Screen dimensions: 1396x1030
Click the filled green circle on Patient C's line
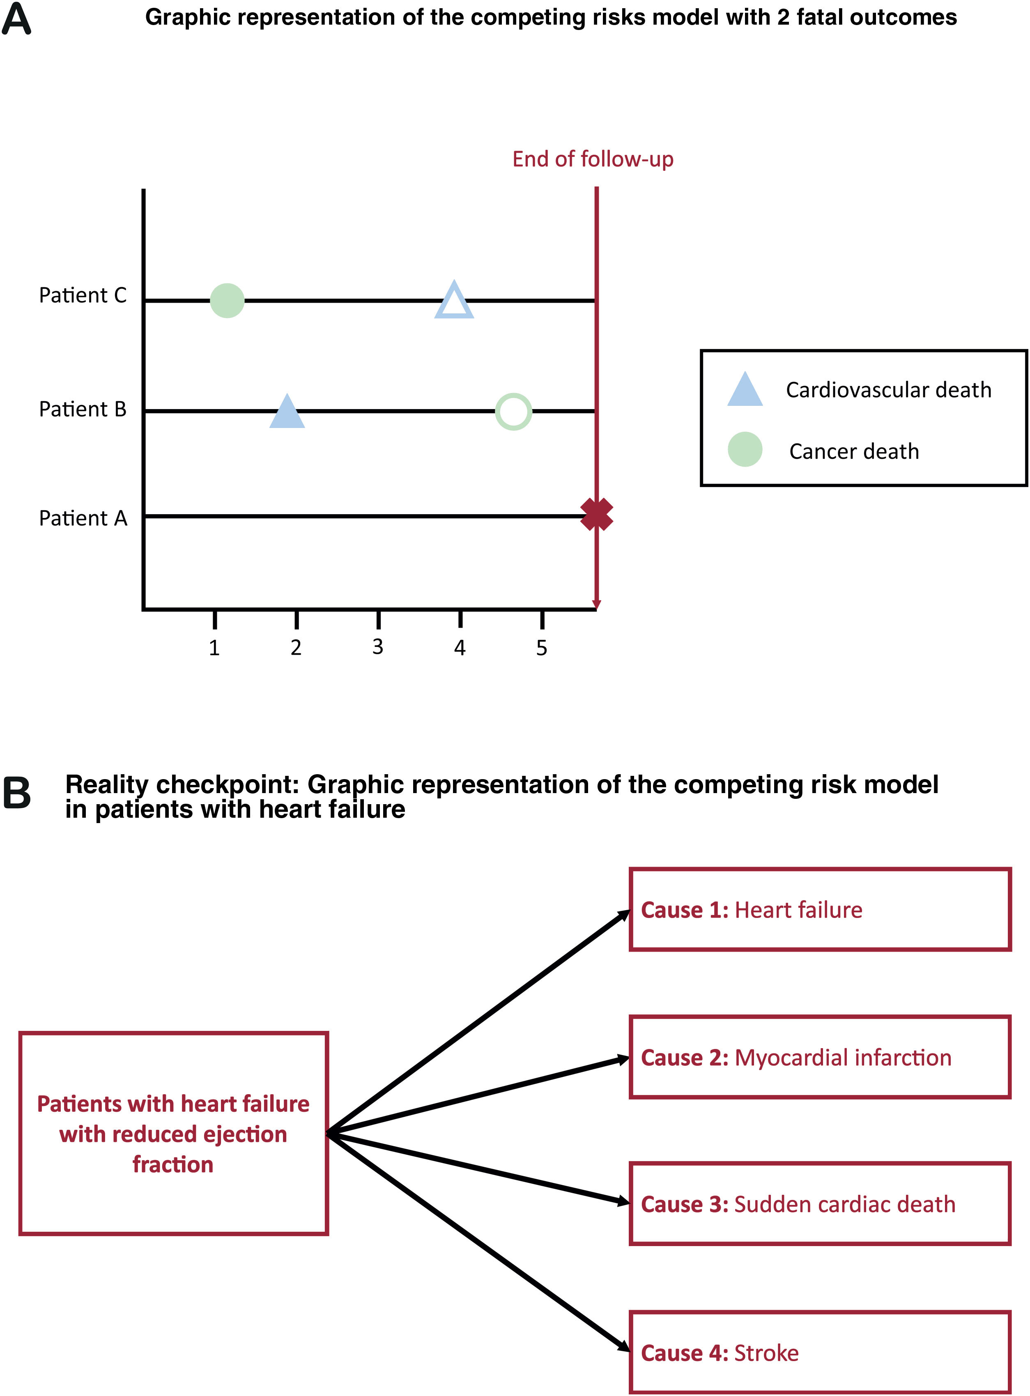(227, 301)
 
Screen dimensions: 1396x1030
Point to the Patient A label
(83, 518)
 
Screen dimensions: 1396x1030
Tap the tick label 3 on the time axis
(378, 647)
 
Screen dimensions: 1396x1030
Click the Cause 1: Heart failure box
(820, 910)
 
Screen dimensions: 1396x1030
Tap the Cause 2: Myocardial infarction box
(820, 1058)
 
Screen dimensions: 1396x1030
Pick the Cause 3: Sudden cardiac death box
(820, 1204)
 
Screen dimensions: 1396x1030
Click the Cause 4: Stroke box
(820, 1352)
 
